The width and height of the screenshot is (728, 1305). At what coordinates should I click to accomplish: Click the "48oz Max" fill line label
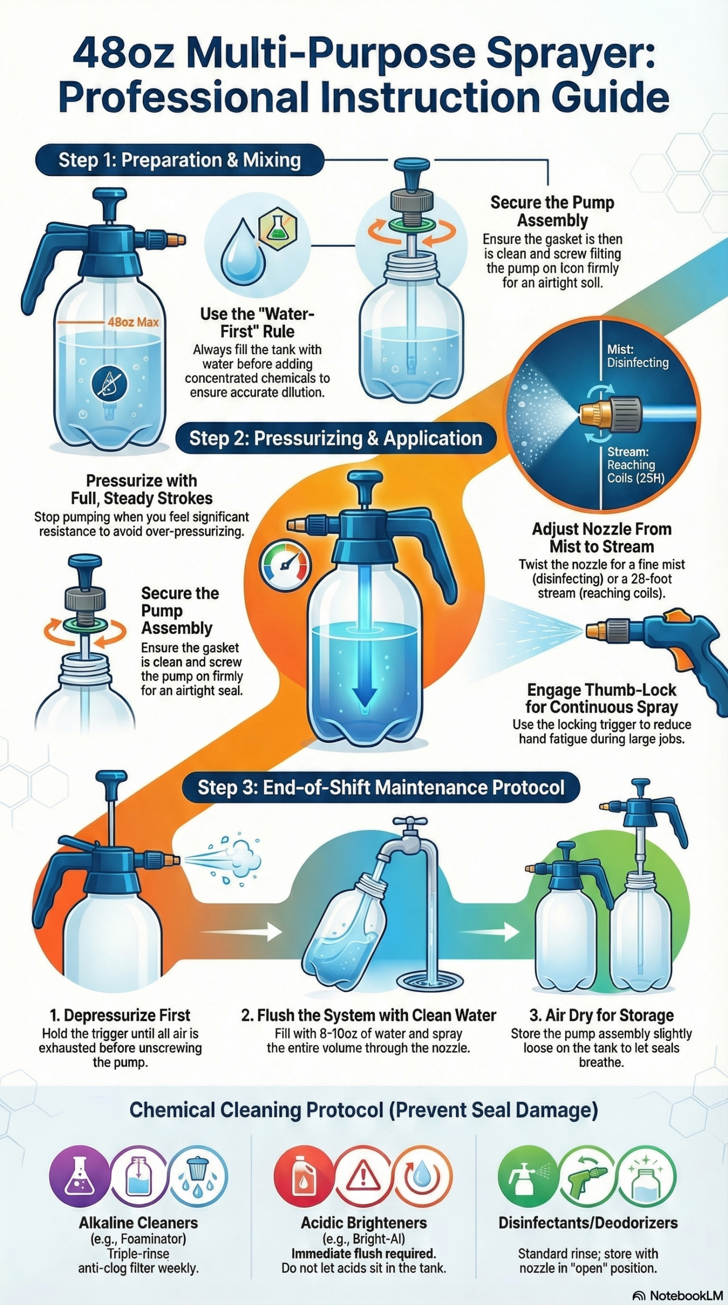pyautogui.click(x=133, y=322)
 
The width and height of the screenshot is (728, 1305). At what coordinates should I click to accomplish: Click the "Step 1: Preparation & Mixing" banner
pyautogui.click(x=179, y=160)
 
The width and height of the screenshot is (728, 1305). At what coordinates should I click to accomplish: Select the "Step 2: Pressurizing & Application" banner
pyautogui.click(x=336, y=438)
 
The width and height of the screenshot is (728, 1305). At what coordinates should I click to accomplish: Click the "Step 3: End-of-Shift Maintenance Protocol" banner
pyautogui.click(x=381, y=788)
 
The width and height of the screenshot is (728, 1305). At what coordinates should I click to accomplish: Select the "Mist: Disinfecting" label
pyautogui.click(x=637, y=356)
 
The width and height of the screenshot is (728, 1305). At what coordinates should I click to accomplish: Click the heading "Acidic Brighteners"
pyautogui.click(x=364, y=1222)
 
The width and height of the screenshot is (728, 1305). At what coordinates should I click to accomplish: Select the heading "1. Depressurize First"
pyautogui.click(x=120, y=1015)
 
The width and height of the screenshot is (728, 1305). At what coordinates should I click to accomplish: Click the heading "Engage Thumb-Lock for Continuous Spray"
pyautogui.click(x=602, y=698)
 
